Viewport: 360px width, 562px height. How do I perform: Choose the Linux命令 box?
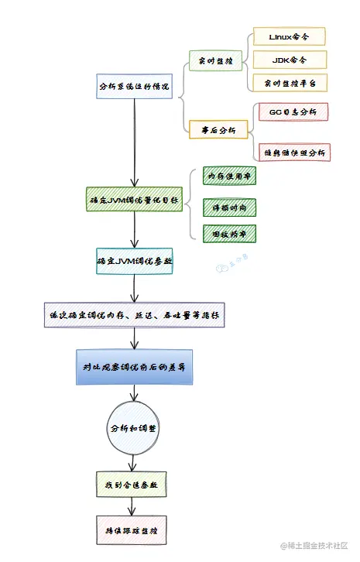point(289,36)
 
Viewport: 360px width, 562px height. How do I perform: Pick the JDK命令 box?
point(289,59)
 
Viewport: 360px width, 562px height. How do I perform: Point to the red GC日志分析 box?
point(292,111)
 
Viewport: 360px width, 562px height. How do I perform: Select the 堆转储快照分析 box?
point(294,152)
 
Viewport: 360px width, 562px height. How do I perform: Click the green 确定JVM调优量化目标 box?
point(135,200)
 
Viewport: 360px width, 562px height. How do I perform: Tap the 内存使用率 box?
point(228,176)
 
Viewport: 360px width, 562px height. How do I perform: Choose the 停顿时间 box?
point(228,207)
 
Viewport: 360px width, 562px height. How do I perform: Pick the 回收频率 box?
point(228,232)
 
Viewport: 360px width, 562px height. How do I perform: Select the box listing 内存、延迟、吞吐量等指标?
point(134,315)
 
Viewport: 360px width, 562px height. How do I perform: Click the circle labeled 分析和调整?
point(135,427)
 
